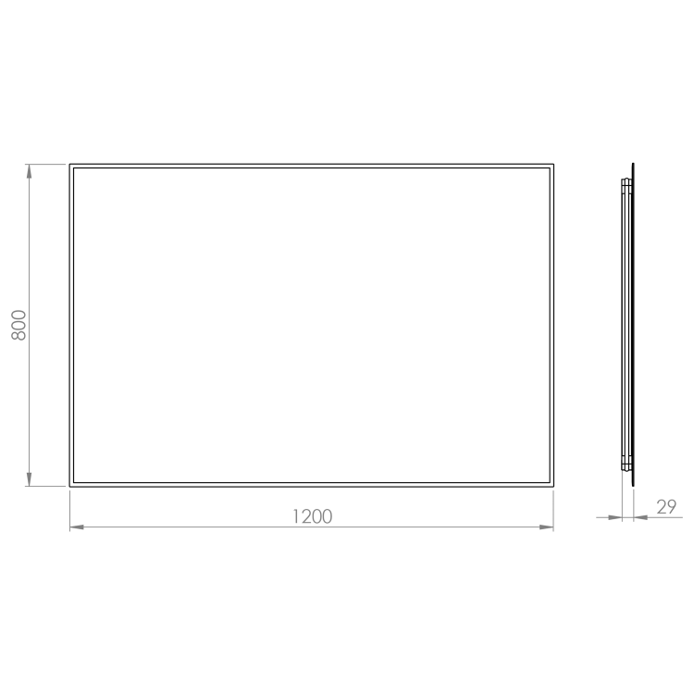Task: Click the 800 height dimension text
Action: click(19, 325)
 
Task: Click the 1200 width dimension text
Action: click(313, 516)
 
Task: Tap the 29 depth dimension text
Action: click(666, 507)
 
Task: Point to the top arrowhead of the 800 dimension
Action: click(30, 171)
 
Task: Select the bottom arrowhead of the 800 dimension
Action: click(30, 479)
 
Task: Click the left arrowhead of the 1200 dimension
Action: click(77, 527)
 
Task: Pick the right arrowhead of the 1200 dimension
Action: click(547, 527)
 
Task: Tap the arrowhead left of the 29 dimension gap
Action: click(615, 517)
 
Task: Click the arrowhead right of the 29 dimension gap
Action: click(640, 517)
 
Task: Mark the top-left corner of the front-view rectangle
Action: click(70, 164)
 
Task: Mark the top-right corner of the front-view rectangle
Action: click(553, 164)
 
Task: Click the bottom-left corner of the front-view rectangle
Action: click(70, 487)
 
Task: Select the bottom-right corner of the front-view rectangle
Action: click(553, 487)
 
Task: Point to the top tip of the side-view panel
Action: click(633, 163)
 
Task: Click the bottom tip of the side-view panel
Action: click(633, 487)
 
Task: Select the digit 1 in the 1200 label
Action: click(296, 516)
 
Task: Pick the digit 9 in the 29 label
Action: click(672, 507)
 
